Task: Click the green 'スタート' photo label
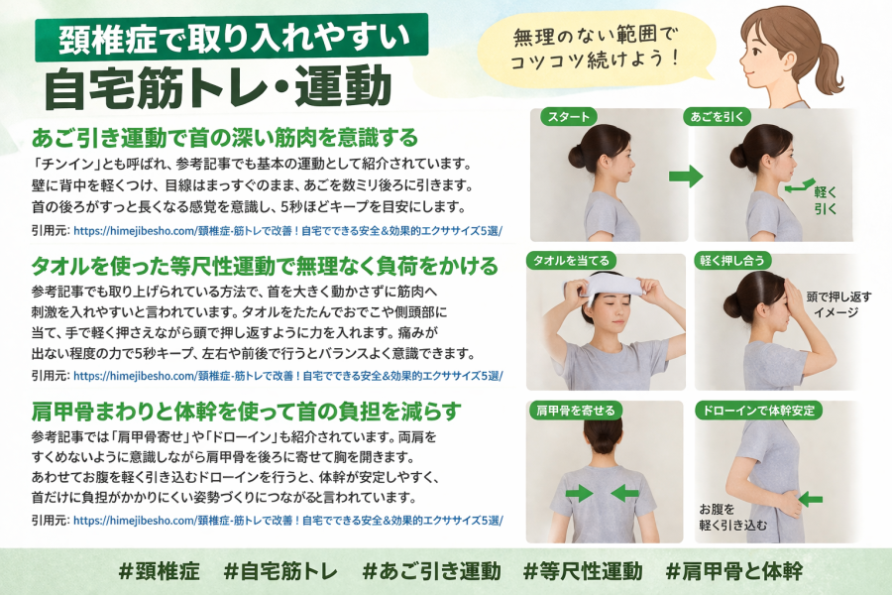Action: pyautogui.click(x=568, y=117)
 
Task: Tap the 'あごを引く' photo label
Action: pyautogui.click(x=717, y=117)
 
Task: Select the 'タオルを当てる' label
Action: pyautogui.click(x=571, y=261)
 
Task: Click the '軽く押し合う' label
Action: pyautogui.click(x=732, y=261)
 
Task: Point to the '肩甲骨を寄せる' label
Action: pyautogui.click(x=576, y=410)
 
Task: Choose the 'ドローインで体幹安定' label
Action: pyautogui.click(x=758, y=410)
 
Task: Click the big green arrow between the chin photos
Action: pyautogui.click(x=686, y=176)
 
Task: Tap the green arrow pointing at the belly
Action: pyautogui.click(x=811, y=500)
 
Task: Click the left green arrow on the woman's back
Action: pyautogui.click(x=579, y=493)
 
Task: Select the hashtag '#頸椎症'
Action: pyautogui.click(x=160, y=571)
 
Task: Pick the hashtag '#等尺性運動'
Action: pyautogui.click(x=583, y=571)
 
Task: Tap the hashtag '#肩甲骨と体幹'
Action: pyautogui.click(x=733, y=571)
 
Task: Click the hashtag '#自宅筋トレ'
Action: pyautogui.click(x=280, y=571)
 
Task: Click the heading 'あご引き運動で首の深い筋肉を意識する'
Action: pyautogui.click(x=225, y=138)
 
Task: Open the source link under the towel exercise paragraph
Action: pyautogui.click(x=287, y=376)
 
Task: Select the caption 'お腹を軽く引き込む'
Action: pyautogui.click(x=732, y=517)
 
